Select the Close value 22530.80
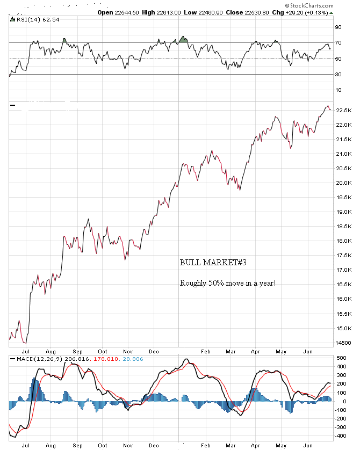(x=255, y=12)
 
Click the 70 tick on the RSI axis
(x=339, y=42)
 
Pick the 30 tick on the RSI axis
(x=339, y=74)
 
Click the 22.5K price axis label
(x=343, y=111)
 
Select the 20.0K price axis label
(x=343, y=183)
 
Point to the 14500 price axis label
(x=343, y=343)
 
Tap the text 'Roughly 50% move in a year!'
(x=228, y=282)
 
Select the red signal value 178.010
(x=107, y=358)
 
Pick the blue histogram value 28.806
(x=133, y=358)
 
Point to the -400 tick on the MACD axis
(x=341, y=436)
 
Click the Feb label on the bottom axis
(x=206, y=445)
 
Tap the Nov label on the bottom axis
(x=127, y=445)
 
